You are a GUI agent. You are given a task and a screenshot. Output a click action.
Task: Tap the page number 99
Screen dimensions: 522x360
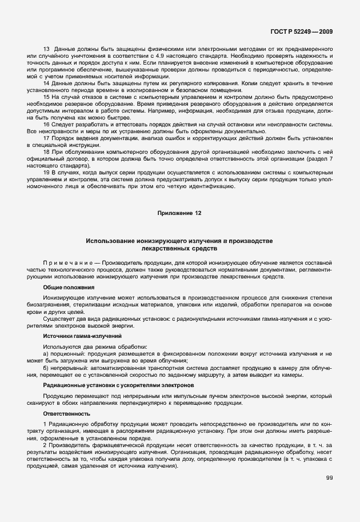[x=329, y=477]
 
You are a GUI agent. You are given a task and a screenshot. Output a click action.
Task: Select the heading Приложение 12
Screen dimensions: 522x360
[x=179, y=213]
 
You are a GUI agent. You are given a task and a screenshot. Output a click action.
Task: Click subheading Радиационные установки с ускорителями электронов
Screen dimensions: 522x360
[x=118, y=386]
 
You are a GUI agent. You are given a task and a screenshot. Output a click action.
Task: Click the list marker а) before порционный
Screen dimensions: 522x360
[x=46, y=354]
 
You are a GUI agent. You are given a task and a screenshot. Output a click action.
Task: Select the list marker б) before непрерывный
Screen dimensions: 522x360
[x=46, y=367]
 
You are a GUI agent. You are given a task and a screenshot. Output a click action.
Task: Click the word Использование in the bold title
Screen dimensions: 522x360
[x=111, y=241]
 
